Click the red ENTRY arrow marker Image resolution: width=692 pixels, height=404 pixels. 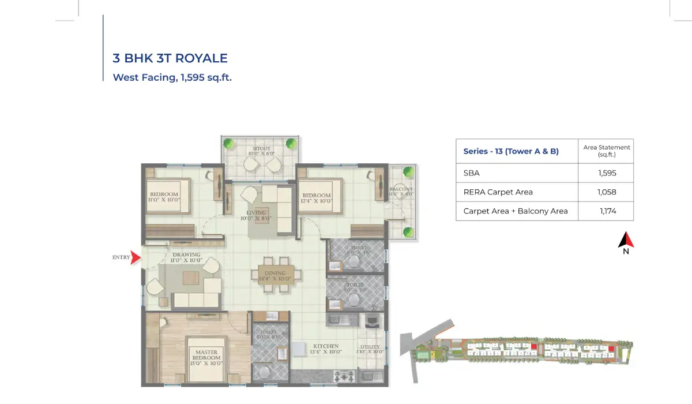click(x=136, y=257)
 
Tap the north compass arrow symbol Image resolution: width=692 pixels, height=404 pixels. click(x=626, y=241)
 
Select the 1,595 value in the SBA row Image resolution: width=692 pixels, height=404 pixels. click(x=607, y=173)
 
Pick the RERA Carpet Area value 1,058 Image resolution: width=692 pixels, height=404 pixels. click(x=607, y=192)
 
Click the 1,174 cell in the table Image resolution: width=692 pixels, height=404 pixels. click(x=608, y=211)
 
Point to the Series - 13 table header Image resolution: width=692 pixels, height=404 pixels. click(x=511, y=152)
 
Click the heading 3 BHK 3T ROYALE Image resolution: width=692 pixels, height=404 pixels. click(x=170, y=58)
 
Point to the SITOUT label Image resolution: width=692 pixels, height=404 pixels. click(x=259, y=152)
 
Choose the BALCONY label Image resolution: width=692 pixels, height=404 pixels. click(x=400, y=192)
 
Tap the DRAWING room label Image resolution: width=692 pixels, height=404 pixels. click(x=186, y=257)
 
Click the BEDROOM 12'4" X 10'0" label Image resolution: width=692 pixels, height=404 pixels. click(x=316, y=198)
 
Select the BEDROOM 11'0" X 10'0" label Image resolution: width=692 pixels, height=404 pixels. click(x=164, y=197)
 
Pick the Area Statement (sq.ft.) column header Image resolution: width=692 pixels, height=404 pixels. click(x=606, y=151)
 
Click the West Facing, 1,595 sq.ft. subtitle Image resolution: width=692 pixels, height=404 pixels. click(x=172, y=77)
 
